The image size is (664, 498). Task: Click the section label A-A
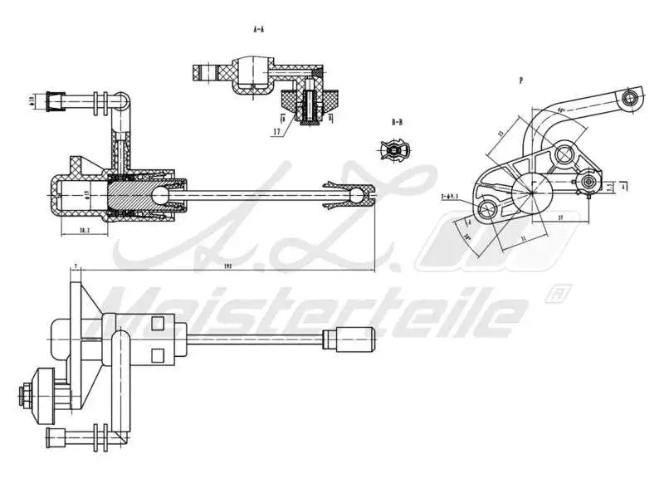pyautogui.click(x=258, y=28)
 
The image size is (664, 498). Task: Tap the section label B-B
pyautogui.click(x=397, y=122)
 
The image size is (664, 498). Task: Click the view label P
pyautogui.click(x=520, y=81)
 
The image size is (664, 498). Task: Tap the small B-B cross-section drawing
pyautogui.click(x=395, y=150)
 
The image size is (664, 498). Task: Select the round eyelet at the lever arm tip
pyautogui.click(x=634, y=100)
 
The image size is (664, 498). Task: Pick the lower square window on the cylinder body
pyautogui.click(x=158, y=356)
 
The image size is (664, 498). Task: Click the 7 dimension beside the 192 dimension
pyautogui.click(x=76, y=266)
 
